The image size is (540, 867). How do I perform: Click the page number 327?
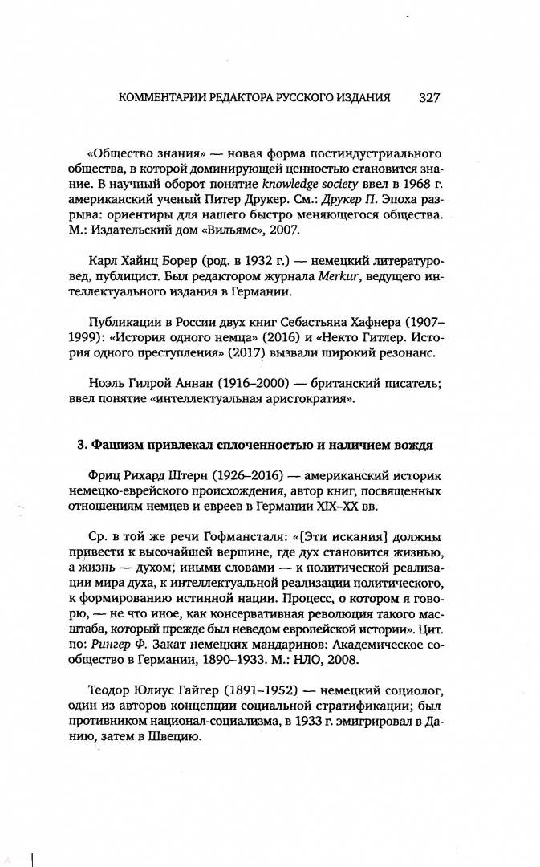pos(429,98)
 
